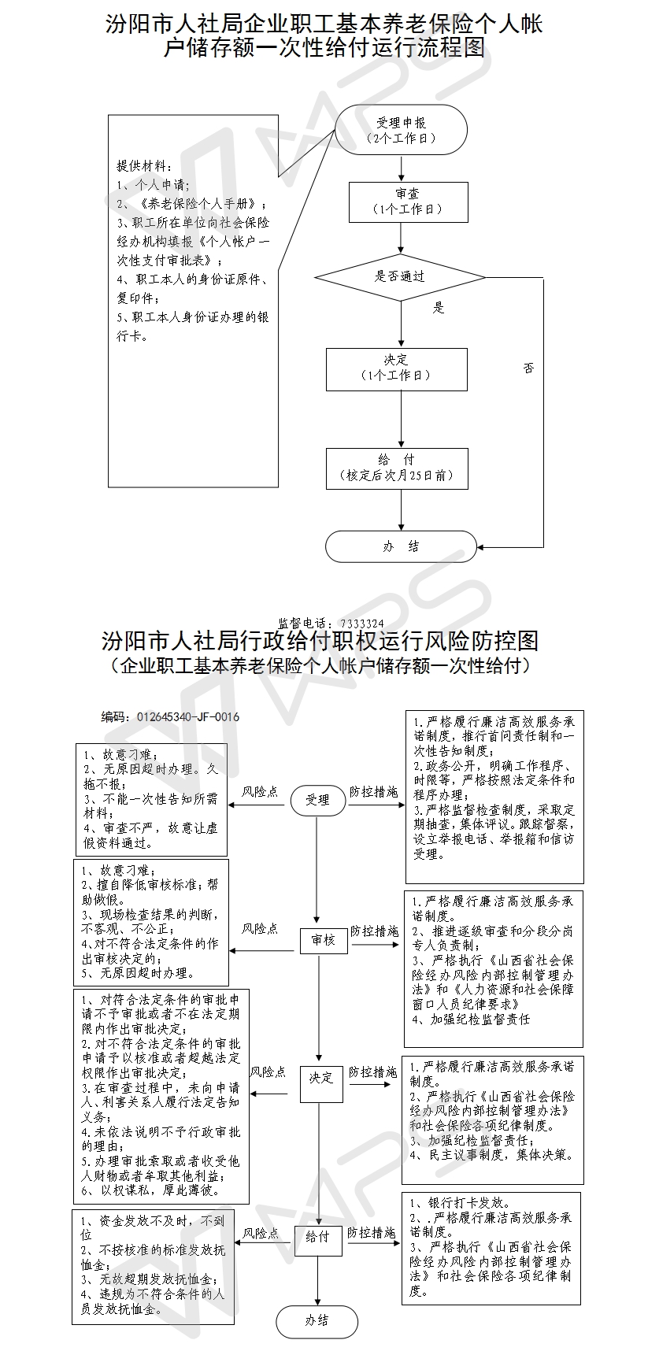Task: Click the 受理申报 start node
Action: (x=402, y=130)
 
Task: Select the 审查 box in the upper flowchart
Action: (x=409, y=202)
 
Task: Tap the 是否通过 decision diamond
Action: (x=400, y=276)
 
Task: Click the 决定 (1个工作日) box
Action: (x=397, y=368)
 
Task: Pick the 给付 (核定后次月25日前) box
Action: (x=397, y=468)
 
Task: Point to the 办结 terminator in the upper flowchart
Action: (x=401, y=546)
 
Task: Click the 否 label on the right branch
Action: (x=528, y=368)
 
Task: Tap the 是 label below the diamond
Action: (x=439, y=308)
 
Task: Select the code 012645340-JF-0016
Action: (x=187, y=717)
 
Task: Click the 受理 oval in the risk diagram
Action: (x=317, y=800)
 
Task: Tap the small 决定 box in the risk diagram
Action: (x=320, y=1078)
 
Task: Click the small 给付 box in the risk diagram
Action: (x=317, y=1237)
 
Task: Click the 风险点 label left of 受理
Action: (x=260, y=792)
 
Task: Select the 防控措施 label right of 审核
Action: (x=374, y=931)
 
